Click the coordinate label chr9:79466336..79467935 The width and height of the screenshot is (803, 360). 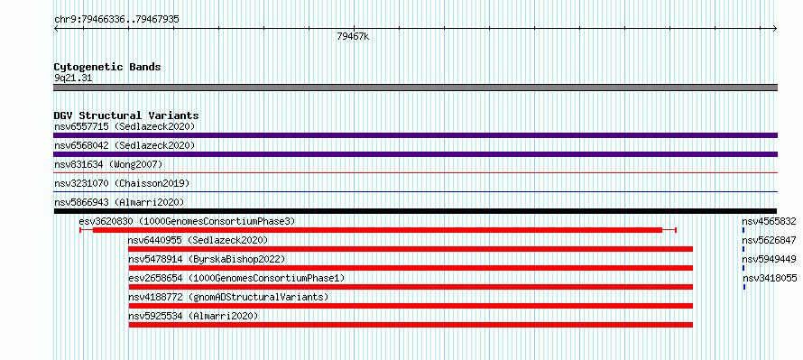(x=116, y=20)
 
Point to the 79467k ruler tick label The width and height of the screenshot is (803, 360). (x=353, y=36)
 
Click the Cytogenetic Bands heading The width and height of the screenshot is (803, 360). (x=107, y=67)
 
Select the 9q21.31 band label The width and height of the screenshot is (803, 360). (x=73, y=78)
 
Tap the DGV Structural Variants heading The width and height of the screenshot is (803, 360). (x=126, y=115)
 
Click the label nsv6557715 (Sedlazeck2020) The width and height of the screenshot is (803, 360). (x=125, y=126)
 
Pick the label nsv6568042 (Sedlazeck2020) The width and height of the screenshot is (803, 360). (x=125, y=145)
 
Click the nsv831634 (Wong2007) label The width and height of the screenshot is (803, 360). (x=108, y=164)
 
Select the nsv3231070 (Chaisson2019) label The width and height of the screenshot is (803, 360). (x=122, y=183)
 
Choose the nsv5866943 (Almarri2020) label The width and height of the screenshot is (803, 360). (x=119, y=202)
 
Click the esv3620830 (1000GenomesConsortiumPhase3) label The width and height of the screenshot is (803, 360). (x=188, y=221)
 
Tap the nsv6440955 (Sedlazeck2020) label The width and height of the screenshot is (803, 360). (x=198, y=240)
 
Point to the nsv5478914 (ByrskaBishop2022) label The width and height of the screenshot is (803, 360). (x=207, y=259)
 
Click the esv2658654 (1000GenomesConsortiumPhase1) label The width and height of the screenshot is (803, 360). (x=236, y=278)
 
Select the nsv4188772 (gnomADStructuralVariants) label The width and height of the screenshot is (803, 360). (x=228, y=297)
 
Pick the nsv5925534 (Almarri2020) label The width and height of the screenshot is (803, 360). (x=192, y=316)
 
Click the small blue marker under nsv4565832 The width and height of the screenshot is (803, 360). (x=743, y=230)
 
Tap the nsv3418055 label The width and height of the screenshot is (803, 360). (x=770, y=278)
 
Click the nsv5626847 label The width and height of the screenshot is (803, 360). (x=770, y=240)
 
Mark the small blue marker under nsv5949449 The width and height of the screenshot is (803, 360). (x=743, y=268)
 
